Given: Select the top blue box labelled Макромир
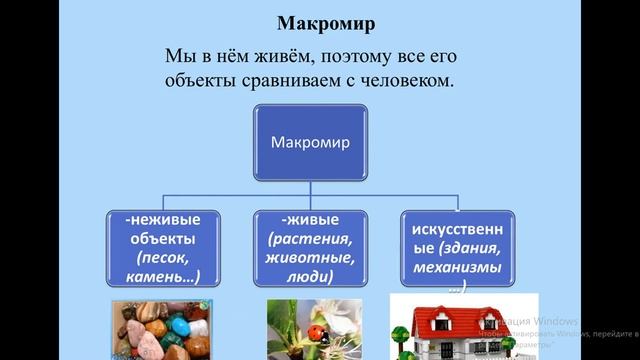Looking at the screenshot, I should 309,142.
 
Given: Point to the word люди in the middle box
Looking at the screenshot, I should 306,277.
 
